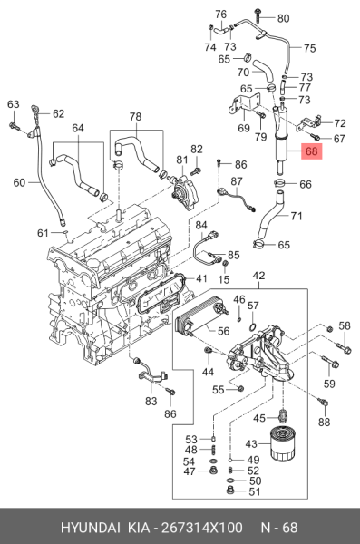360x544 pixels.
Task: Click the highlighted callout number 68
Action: [x=311, y=151]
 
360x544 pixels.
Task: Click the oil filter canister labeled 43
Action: [x=283, y=445]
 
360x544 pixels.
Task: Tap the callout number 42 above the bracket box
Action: [x=258, y=276]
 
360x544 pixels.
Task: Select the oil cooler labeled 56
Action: [x=200, y=316]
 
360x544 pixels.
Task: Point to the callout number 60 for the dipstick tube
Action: [x=19, y=182]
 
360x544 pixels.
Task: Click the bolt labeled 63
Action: [x=13, y=126]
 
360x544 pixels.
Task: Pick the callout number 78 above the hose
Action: [x=135, y=116]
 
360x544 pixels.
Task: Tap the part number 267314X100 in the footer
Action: [x=202, y=528]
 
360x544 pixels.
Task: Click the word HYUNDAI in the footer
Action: [x=91, y=528]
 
